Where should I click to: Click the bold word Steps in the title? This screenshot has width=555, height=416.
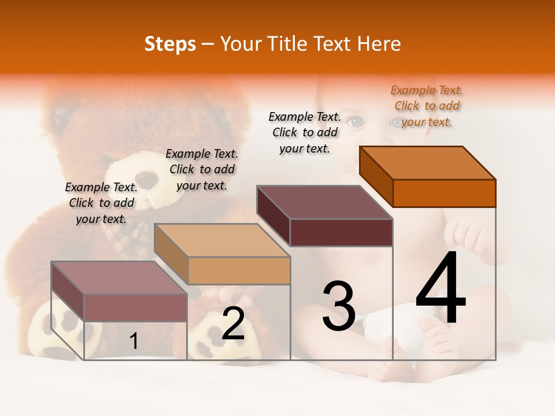tap(170, 44)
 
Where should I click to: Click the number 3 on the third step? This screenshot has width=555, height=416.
tap(339, 306)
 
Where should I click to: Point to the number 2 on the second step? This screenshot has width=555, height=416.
tap(233, 324)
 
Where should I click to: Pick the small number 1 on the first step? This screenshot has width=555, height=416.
tap(134, 341)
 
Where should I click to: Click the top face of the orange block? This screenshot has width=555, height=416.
tap(428, 163)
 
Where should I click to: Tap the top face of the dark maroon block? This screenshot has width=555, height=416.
tap(325, 202)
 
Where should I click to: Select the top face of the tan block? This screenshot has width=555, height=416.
tap(222, 240)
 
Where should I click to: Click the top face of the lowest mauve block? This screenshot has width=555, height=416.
tap(119, 278)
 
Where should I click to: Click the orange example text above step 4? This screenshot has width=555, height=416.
tap(427, 106)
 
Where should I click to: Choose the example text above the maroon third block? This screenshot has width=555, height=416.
tap(305, 132)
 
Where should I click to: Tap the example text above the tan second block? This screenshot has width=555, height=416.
tap(202, 169)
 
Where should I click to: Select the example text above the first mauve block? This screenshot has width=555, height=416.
tap(101, 203)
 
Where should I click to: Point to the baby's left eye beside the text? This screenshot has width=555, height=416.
tap(357, 122)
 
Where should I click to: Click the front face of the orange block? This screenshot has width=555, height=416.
tap(444, 193)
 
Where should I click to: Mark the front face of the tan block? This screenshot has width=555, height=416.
tap(239, 270)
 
